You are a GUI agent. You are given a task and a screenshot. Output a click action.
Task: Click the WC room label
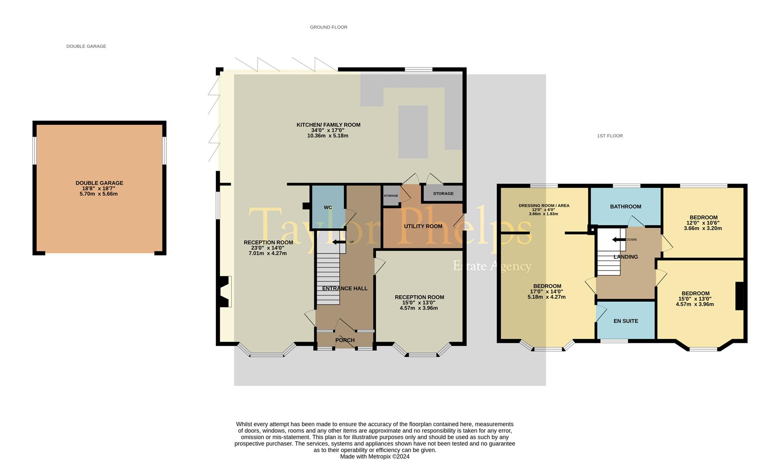click(x=328, y=207)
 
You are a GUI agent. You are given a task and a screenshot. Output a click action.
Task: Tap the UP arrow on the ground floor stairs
click(x=339, y=242)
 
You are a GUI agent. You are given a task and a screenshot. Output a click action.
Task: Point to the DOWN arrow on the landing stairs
click(x=619, y=239)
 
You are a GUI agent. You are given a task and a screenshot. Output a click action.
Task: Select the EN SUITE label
click(x=626, y=321)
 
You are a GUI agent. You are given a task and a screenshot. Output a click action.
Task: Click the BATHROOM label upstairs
click(x=625, y=207)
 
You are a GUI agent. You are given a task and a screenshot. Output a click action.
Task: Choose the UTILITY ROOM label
click(x=423, y=226)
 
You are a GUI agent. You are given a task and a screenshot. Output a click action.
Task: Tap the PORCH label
click(x=345, y=340)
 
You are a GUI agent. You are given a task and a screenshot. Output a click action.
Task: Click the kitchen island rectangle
click(x=413, y=132)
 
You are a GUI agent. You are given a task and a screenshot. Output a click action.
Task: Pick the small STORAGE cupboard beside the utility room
click(x=391, y=195)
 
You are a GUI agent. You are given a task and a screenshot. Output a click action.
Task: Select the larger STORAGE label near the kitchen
click(x=443, y=193)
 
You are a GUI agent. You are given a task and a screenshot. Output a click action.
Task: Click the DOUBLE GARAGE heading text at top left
click(x=86, y=46)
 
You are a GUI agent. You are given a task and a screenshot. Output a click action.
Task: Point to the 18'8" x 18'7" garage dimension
click(x=99, y=188)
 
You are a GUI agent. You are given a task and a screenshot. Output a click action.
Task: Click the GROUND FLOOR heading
click(x=328, y=27)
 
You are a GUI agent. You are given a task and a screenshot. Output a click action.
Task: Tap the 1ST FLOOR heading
click(x=609, y=136)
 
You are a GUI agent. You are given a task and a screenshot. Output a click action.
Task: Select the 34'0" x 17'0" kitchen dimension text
click(x=328, y=130)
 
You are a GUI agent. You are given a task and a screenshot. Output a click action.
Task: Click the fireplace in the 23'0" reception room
click(x=225, y=292)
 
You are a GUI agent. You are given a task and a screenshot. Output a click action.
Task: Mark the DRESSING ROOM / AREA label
click(x=544, y=205)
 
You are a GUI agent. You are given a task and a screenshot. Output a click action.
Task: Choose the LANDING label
click(x=625, y=257)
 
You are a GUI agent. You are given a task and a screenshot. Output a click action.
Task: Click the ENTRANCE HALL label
click(x=345, y=288)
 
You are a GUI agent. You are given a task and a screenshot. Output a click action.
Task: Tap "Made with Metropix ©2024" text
click(x=374, y=456)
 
